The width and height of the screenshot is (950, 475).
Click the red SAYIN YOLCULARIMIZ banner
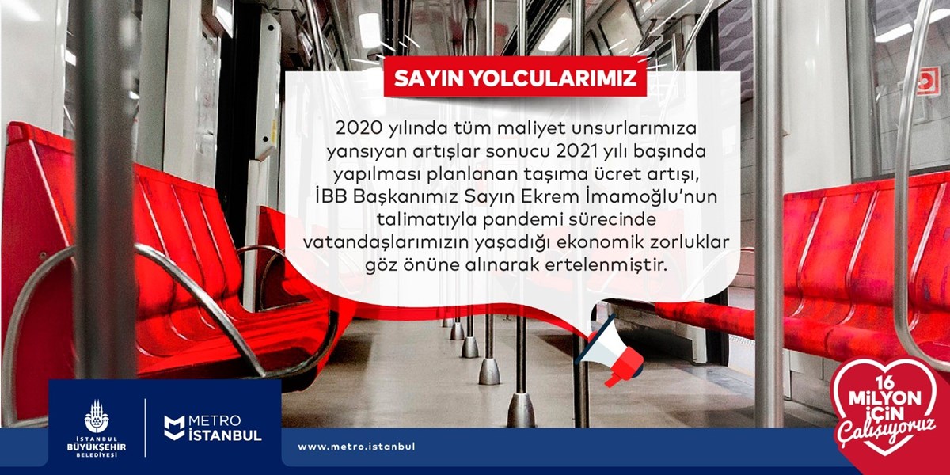(x=515, y=78)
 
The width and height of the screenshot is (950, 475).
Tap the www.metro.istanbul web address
(x=356, y=446)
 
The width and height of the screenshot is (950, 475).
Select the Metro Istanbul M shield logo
(x=174, y=427)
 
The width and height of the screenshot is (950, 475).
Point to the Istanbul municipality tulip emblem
(x=97, y=416)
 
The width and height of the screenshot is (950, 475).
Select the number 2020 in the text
(x=359, y=128)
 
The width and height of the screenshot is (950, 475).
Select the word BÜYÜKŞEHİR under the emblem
(x=97, y=447)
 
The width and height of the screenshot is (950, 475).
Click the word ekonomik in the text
(x=601, y=242)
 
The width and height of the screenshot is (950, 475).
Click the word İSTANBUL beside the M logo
(x=225, y=435)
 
